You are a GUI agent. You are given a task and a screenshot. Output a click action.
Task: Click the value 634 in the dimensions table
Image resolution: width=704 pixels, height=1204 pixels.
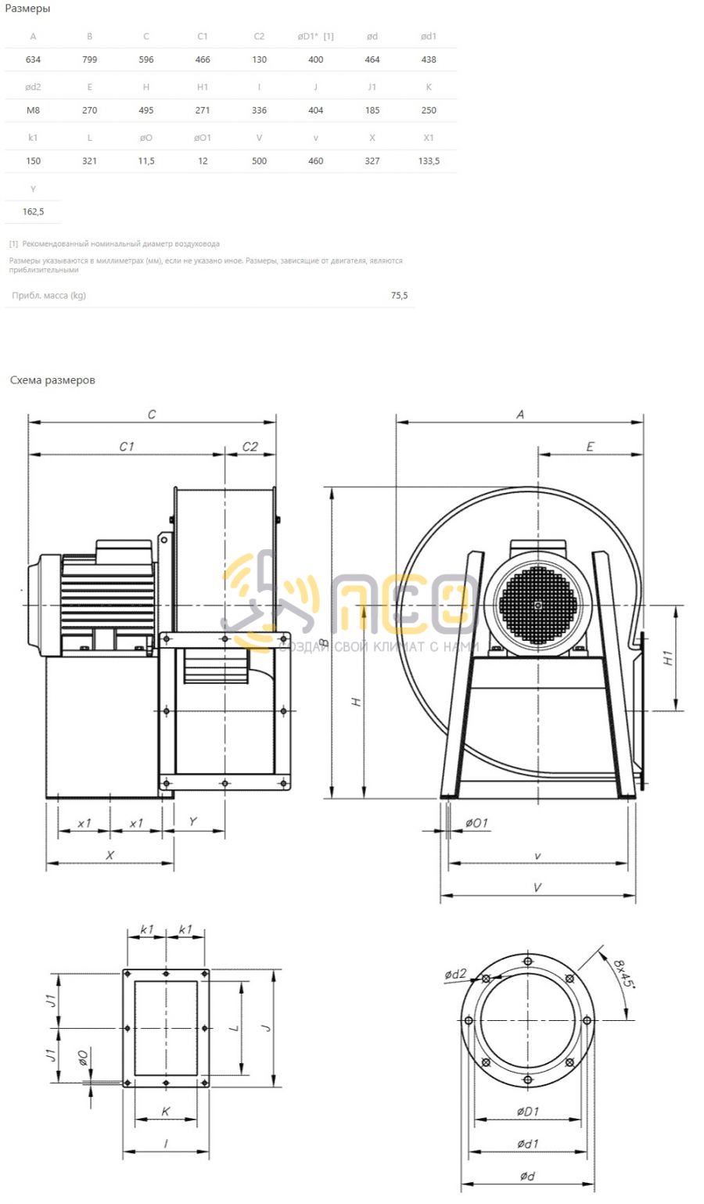(33, 59)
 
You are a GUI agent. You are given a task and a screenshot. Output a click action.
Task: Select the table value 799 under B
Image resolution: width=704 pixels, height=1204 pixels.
(89, 59)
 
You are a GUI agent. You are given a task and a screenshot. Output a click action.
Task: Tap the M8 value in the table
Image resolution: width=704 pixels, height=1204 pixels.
(33, 110)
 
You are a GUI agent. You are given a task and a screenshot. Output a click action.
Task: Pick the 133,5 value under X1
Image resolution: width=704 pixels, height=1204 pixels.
(429, 160)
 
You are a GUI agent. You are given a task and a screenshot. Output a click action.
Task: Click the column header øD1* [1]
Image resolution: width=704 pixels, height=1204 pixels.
(315, 36)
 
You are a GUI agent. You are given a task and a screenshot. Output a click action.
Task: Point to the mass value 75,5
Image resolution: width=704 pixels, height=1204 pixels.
(399, 295)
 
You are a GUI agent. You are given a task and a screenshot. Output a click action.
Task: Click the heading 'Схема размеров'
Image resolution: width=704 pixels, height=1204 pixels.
(52, 380)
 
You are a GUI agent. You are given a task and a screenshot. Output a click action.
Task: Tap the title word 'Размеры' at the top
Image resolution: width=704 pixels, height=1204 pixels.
(27, 9)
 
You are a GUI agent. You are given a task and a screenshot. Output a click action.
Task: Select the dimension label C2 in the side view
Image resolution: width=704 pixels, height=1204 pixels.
(250, 446)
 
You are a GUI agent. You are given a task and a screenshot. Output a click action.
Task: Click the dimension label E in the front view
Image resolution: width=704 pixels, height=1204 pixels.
(590, 446)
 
